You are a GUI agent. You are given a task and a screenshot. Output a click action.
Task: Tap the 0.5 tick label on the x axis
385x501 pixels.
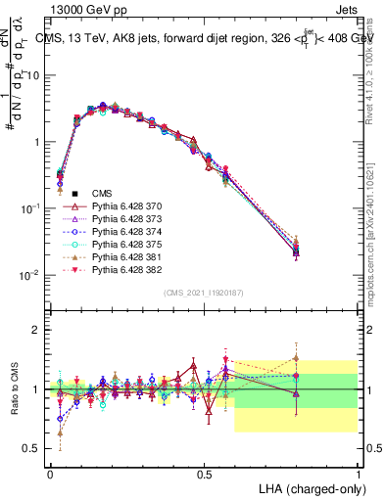[204, 474]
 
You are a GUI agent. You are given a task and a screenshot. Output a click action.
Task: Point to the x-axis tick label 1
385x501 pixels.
[359, 474]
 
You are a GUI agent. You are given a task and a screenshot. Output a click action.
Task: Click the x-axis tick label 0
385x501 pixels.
[50, 474]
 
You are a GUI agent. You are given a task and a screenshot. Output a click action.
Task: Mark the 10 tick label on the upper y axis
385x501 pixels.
[32, 75]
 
